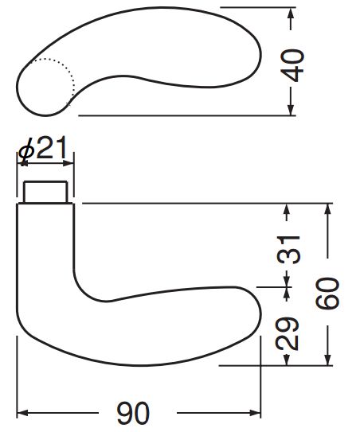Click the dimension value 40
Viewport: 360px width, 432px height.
point(292,65)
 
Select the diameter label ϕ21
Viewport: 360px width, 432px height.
point(42,149)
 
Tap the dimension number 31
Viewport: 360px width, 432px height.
point(288,249)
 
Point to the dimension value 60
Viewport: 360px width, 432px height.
point(327,293)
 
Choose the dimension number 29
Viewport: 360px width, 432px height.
point(288,333)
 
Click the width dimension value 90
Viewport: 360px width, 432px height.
point(133,413)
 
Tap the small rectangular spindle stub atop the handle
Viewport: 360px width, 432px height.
point(45,192)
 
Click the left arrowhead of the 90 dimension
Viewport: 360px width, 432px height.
point(22,413)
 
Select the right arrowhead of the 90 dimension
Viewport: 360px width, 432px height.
point(255,413)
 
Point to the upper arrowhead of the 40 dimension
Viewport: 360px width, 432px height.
point(291,14)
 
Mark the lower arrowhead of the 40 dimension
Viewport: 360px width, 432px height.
point(291,110)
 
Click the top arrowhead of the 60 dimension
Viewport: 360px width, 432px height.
point(327,209)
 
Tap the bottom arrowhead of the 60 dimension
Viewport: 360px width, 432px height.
point(327,360)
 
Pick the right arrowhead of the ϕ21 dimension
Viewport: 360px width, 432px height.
point(68,163)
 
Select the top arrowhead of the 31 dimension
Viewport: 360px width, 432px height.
point(287,209)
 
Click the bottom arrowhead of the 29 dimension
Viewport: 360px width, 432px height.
point(287,360)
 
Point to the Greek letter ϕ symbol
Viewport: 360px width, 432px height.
point(26,152)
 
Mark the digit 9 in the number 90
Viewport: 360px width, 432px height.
point(125,413)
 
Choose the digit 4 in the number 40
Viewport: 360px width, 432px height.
point(292,74)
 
